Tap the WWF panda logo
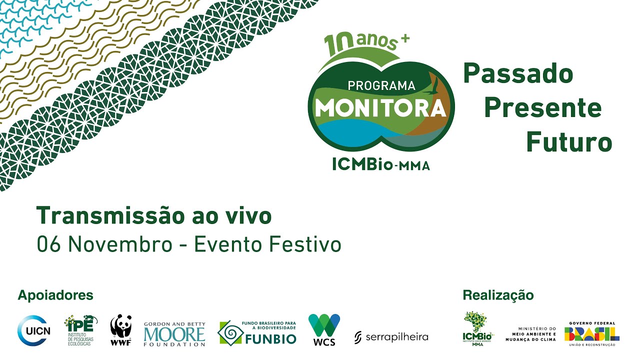click(120, 330)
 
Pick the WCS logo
click(324, 329)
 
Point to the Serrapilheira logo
click(391, 337)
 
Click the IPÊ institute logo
click(80, 330)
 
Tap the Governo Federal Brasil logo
click(592, 332)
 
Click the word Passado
click(518, 74)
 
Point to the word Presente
click(542, 108)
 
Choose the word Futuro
click(569, 142)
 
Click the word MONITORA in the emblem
click(380, 107)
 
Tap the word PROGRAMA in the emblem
click(381, 85)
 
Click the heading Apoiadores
click(55, 295)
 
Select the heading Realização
click(498, 295)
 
